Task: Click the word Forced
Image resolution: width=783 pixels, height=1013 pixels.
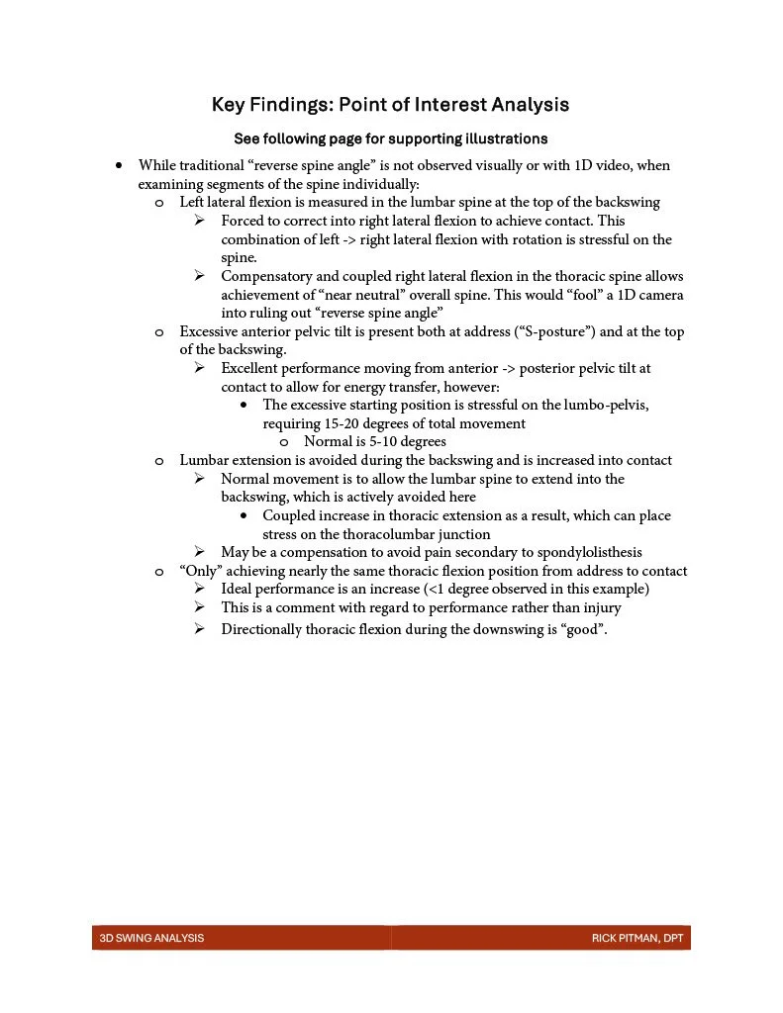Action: [x=244, y=221]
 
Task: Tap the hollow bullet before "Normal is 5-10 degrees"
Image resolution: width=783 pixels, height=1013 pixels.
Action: [x=284, y=442]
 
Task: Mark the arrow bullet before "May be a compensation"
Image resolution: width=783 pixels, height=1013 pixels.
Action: [x=200, y=552]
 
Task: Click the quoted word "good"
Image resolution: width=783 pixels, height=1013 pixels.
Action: [x=585, y=629]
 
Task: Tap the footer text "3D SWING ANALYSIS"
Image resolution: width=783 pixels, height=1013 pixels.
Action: [x=151, y=938]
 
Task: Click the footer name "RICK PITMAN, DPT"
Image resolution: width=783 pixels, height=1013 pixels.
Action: [x=637, y=938]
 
